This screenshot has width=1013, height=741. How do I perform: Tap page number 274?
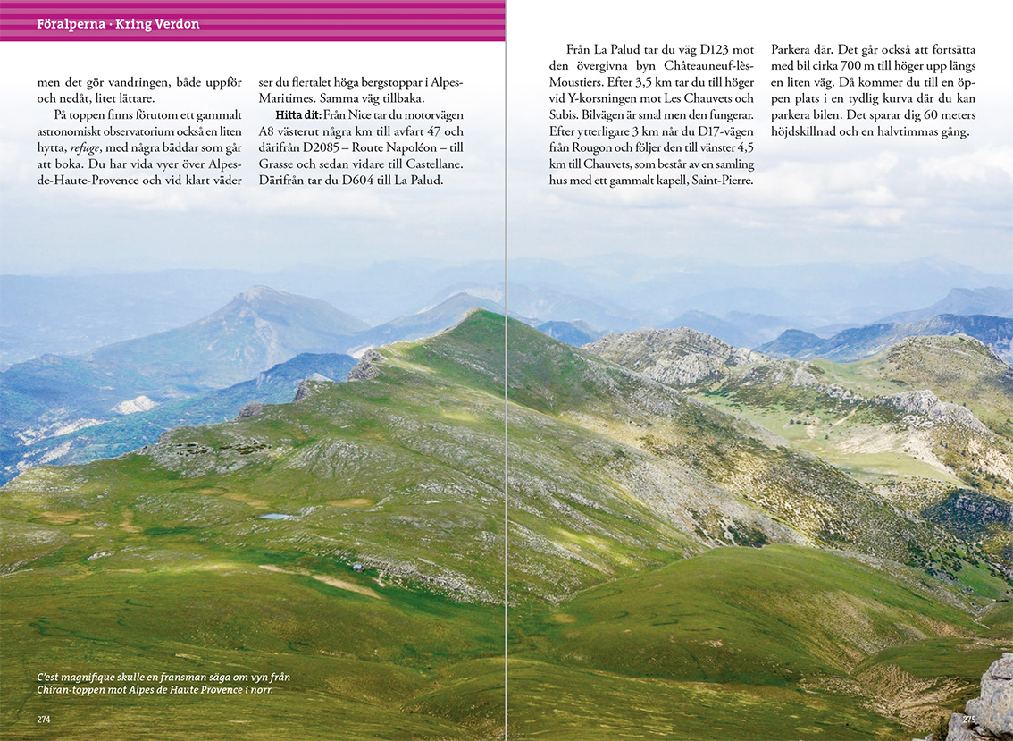tap(43, 720)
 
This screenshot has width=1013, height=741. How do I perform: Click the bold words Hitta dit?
tap(298, 115)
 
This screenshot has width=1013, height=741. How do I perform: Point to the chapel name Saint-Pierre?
tap(716, 180)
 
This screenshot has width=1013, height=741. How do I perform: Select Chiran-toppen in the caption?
tap(73, 690)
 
